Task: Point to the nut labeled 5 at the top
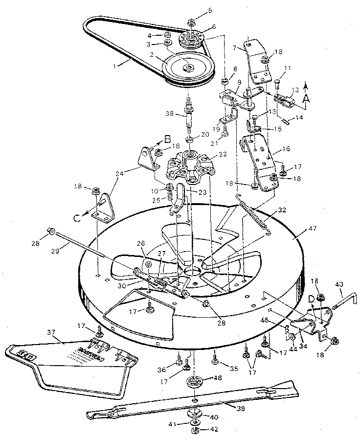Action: (x=191, y=23)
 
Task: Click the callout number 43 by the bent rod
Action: (x=338, y=285)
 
